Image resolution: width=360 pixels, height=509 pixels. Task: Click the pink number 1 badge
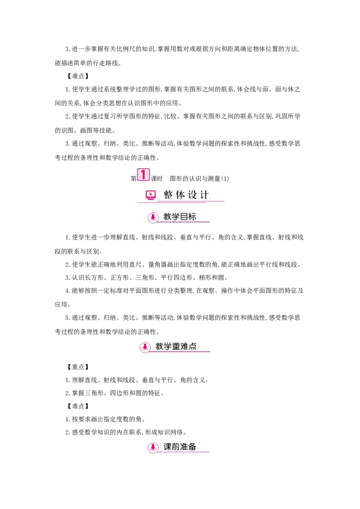coord(143,175)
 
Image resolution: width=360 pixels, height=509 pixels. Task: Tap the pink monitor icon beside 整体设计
coord(151,195)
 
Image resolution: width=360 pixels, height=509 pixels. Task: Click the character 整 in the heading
coord(168,195)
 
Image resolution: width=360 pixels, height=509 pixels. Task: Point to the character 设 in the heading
coord(193,195)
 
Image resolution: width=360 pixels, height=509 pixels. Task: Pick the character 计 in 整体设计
coord(205,195)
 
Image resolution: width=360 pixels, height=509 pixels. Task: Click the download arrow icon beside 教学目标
coord(153,218)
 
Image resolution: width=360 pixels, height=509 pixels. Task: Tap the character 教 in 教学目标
coord(167,217)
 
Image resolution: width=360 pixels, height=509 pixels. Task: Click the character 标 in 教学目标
coord(192,217)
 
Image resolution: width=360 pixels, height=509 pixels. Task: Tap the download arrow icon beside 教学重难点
coord(145,347)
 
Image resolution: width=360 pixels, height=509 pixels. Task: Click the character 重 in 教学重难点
coord(176,347)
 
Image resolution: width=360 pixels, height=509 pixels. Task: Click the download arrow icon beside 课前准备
coord(153,447)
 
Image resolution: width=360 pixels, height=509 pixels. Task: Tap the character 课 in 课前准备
coord(167,447)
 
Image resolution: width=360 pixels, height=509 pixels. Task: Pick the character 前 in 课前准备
coord(175,447)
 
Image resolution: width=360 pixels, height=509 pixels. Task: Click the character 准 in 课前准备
coord(184,447)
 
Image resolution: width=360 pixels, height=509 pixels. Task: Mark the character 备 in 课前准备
coord(192,447)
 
